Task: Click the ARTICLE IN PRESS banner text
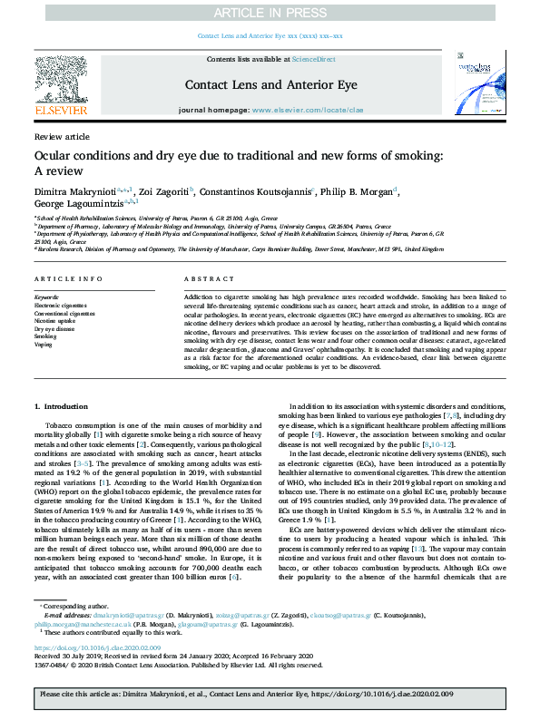(x=270, y=12)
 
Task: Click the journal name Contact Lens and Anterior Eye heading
(x=269, y=84)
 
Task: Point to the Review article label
(x=62, y=136)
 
